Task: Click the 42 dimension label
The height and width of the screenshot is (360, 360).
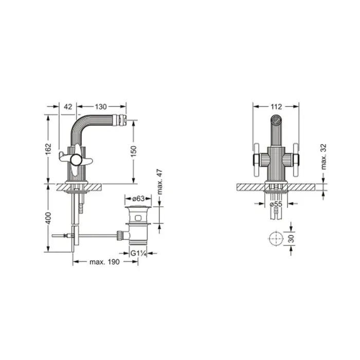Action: (x=68, y=106)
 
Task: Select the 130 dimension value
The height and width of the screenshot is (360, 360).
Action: (x=101, y=106)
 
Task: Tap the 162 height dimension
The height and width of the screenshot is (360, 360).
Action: (x=48, y=149)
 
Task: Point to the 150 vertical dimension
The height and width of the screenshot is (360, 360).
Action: (x=133, y=151)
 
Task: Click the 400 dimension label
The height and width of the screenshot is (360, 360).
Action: (x=48, y=218)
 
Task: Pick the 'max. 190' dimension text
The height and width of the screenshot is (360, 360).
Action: (x=104, y=262)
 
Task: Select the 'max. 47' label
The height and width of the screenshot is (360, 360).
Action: (x=160, y=182)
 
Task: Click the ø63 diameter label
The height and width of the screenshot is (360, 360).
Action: (x=138, y=199)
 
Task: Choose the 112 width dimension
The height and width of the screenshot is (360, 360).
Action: (x=276, y=106)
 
